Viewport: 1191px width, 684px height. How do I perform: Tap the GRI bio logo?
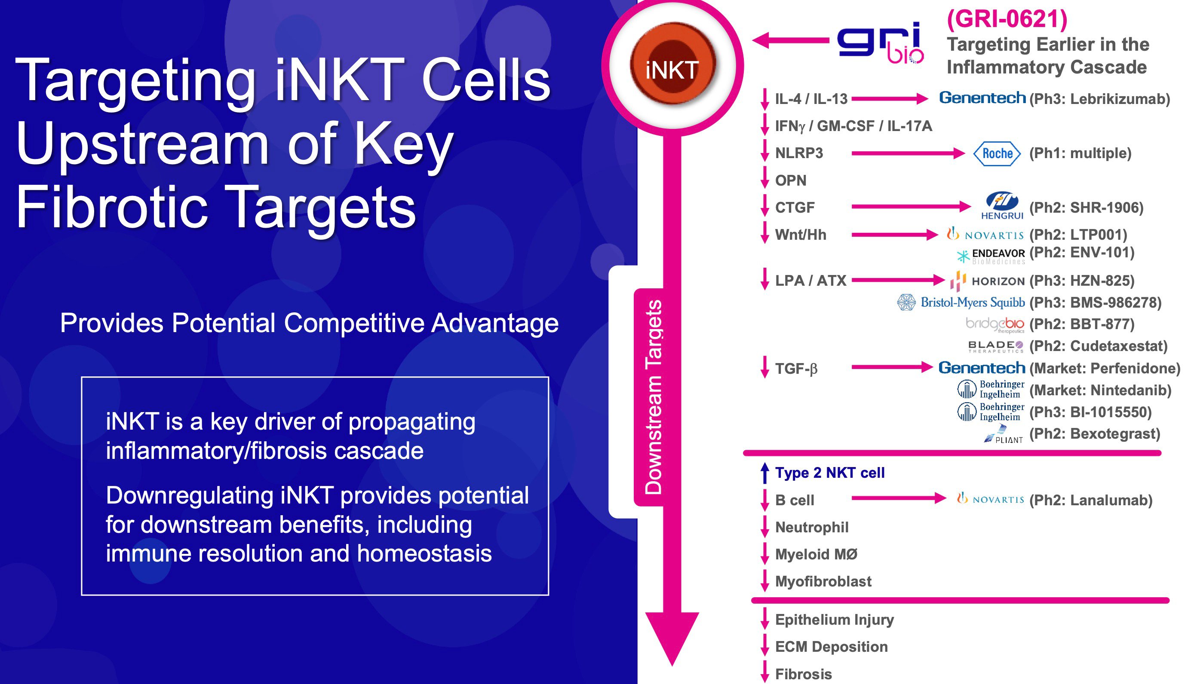(x=880, y=43)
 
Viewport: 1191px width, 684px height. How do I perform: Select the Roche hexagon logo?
(x=996, y=154)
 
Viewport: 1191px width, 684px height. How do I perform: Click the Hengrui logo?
(x=1002, y=206)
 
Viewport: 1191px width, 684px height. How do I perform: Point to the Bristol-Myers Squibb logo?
(x=961, y=302)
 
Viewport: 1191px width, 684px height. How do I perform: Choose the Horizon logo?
(x=987, y=281)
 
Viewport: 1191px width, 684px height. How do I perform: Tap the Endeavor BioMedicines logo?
(x=992, y=256)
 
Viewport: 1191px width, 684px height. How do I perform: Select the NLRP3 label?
(x=799, y=153)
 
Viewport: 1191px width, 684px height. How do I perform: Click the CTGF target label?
(x=795, y=208)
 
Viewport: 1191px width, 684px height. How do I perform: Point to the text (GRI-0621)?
(x=1007, y=19)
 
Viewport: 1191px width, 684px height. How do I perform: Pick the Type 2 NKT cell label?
(x=829, y=473)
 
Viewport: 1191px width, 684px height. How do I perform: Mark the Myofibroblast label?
(x=823, y=582)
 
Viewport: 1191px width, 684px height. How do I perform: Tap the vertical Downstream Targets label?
(x=653, y=397)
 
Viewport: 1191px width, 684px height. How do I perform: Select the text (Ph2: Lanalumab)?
(x=1091, y=500)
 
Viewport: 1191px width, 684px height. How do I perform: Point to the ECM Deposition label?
(x=831, y=647)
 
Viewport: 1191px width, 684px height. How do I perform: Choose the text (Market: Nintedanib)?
(x=1100, y=390)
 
